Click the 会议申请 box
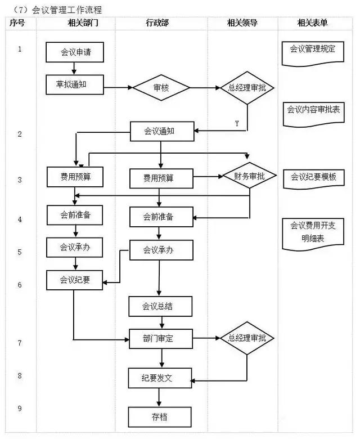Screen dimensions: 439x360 pos(75,52)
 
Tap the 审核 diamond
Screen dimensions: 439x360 pos(161,88)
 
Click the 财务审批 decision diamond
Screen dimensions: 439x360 pos(249,176)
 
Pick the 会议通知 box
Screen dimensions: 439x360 pos(160,131)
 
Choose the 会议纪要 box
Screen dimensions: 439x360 pos(75,280)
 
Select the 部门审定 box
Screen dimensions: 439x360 pos(160,338)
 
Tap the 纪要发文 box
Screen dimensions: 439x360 pos(160,378)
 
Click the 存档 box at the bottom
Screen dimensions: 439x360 pos(160,417)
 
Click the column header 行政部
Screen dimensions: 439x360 pos(161,24)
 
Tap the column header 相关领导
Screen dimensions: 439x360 pos(244,24)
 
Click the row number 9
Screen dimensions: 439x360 pos(20,408)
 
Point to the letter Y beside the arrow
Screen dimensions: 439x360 pos(237,123)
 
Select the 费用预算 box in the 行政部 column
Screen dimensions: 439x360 pos(160,178)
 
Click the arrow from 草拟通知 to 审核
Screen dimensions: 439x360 pos(118,88)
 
